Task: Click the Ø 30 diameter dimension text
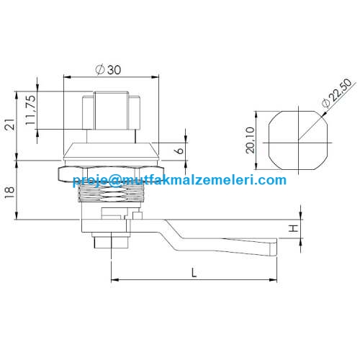pyautogui.click(x=108, y=70)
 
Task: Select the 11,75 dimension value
pyautogui.click(x=30, y=110)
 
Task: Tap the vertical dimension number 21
pyautogui.click(x=9, y=125)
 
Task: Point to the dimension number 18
pyautogui.click(x=9, y=193)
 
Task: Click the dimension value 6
pyautogui.click(x=179, y=150)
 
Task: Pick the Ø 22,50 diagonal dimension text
pyautogui.click(x=337, y=93)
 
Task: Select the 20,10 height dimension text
pyautogui.click(x=250, y=140)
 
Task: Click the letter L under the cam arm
pyautogui.click(x=194, y=273)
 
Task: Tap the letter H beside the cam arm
pyautogui.click(x=293, y=228)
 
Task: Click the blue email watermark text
pyautogui.click(x=179, y=180)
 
